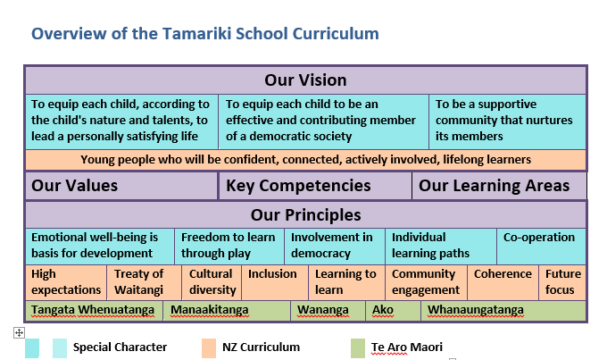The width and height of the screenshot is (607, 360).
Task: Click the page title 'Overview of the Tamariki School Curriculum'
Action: point(204,34)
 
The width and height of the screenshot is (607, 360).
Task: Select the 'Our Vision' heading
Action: point(305,80)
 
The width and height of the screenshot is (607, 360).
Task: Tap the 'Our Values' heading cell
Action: point(121,186)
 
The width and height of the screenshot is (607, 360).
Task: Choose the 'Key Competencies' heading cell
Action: point(315,186)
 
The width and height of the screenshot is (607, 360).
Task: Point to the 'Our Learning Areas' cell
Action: point(499,186)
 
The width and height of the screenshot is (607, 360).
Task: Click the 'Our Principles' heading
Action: point(305,215)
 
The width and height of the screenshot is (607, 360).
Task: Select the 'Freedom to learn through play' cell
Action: point(229,246)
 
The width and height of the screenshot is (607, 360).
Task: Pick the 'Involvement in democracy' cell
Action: point(335,246)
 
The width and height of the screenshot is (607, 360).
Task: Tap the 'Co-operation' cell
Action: point(541,246)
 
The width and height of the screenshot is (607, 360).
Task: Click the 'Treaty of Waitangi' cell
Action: point(144,282)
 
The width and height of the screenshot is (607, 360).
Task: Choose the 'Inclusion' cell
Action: point(275,282)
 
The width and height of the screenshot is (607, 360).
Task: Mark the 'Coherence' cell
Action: point(503,282)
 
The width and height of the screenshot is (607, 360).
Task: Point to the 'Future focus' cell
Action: point(562,282)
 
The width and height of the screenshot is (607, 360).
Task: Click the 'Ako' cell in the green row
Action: point(393,310)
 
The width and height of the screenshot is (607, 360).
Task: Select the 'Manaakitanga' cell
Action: point(227,310)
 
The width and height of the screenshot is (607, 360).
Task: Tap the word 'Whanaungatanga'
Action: point(476,310)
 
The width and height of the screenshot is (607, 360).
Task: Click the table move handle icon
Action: point(19,332)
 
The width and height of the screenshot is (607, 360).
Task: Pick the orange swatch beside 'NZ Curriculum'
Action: point(209,348)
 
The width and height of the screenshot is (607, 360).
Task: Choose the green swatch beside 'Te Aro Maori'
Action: point(358,348)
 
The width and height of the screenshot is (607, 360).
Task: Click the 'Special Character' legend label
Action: point(120,347)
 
